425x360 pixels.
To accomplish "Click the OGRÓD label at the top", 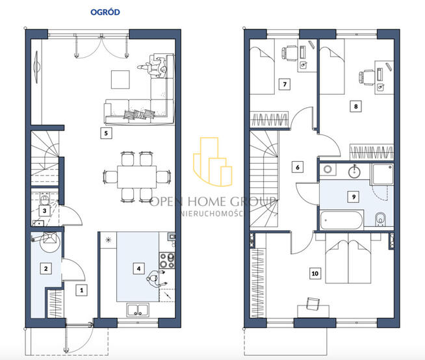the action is pyautogui.click(x=105, y=12).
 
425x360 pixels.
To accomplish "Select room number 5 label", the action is pyautogui.click(x=106, y=133).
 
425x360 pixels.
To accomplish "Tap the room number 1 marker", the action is pyautogui.click(x=82, y=290).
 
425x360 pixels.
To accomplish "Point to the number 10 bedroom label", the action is pyautogui.click(x=315, y=274).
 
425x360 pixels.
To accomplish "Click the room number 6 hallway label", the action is pyautogui.click(x=298, y=167).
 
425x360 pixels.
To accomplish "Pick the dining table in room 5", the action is pyautogui.click(x=137, y=177).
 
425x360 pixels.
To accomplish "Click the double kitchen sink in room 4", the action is pyautogui.click(x=138, y=310).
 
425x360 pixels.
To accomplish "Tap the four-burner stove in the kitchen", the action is pyautogui.click(x=167, y=260).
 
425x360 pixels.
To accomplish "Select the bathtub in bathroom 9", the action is pyautogui.click(x=341, y=220).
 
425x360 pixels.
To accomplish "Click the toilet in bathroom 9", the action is pyautogui.click(x=381, y=219).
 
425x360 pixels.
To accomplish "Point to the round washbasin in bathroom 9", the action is pyautogui.click(x=354, y=172).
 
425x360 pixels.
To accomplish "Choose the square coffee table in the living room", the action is pyautogui.click(x=120, y=79).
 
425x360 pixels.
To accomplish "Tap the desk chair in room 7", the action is pyautogui.click(x=289, y=53).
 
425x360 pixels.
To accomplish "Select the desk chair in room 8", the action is pyautogui.click(x=367, y=77).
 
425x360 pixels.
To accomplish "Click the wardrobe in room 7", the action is pyautogui.click(x=270, y=119).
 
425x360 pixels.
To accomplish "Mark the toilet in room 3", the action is pyautogui.click(x=44, y=199).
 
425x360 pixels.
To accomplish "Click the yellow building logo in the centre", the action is pyautogui.click(x=212, y=162).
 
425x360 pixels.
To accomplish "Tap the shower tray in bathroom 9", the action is pyautogui.click(x=383, y=174).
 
